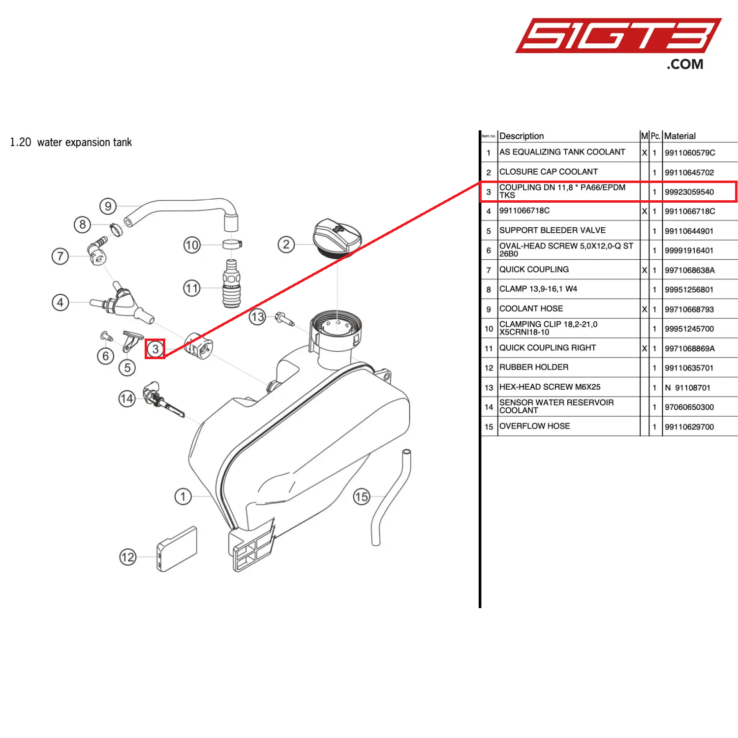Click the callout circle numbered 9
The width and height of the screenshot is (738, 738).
108,206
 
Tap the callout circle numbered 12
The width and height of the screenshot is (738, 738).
128,557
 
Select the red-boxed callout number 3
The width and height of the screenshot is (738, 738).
155,349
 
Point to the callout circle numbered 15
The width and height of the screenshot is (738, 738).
362,496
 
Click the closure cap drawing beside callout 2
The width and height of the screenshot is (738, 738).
338,239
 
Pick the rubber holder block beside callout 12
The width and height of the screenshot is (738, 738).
177,549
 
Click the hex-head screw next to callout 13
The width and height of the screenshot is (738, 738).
284,319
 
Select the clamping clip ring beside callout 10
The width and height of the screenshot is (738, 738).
232,244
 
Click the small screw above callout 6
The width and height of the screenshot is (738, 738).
106,337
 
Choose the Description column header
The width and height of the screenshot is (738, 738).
522,136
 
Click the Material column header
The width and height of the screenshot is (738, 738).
680,136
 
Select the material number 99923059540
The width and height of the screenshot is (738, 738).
689,192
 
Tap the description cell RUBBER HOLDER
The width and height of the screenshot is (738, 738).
534,368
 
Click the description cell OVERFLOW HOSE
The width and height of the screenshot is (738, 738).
535,426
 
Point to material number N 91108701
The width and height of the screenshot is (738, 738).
687,388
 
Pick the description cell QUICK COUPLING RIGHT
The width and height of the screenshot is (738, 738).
548,348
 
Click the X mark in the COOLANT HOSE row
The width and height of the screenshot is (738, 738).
645,309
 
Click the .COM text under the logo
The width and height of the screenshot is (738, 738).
685,64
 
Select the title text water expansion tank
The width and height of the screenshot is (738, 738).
84,143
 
